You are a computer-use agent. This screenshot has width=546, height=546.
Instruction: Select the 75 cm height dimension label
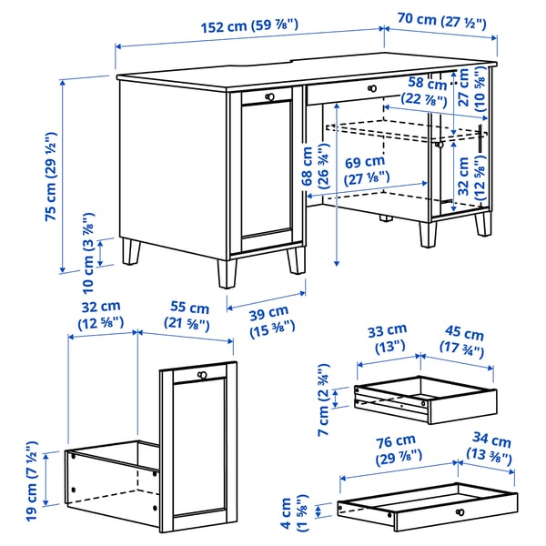54,177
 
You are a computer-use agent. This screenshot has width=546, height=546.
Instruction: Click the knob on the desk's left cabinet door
268,96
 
